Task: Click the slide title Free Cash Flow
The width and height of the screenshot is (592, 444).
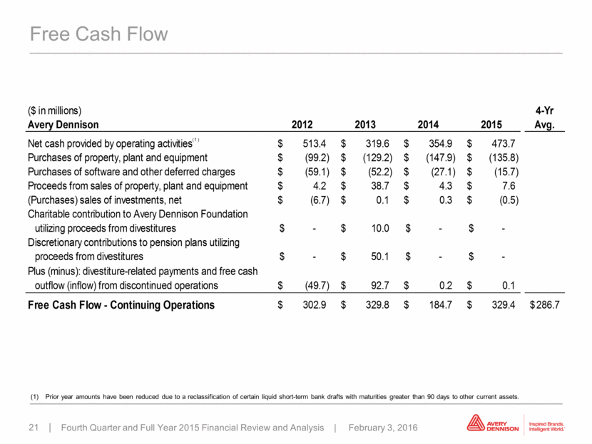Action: [99, 34]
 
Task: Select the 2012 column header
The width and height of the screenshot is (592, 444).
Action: [302, 125]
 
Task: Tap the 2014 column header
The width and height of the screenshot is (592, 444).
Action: [428, 125]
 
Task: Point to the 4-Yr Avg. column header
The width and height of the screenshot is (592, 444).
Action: [544, 118]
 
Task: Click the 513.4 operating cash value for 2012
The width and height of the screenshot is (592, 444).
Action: [315, 143]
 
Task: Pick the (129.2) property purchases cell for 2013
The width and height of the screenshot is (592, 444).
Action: [377, 158]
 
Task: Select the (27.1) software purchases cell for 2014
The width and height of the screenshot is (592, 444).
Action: [443, 172]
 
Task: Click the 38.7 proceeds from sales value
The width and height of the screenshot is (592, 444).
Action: [379, 186]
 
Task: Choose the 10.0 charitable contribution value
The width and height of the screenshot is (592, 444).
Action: [380, 228]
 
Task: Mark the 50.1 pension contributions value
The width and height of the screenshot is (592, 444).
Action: [380, 257]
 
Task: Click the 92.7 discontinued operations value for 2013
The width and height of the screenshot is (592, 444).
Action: [380, 286]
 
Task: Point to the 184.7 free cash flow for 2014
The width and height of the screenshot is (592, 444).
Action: [440, 305]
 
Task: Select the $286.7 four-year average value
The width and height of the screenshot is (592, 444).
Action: [545, 305]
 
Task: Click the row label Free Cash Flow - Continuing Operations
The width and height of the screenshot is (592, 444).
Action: [121, 305]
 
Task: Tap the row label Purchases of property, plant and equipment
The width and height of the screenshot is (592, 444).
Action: [118, 158]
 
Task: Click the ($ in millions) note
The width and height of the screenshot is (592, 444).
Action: [54, 110]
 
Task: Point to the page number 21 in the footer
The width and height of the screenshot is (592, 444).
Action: [34, 428]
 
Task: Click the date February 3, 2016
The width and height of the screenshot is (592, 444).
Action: [383, 428]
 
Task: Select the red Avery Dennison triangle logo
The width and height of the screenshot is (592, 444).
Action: [475, 423]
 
